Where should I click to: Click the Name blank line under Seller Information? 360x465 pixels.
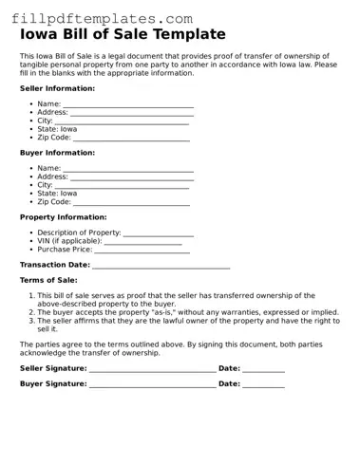tap(128, 105)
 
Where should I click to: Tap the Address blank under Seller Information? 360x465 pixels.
tap(132, 114)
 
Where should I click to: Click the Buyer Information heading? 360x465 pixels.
tap(57, 152)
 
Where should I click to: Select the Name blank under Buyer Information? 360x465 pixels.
tap(128, 170)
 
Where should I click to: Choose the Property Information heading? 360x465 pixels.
tap(63, 216)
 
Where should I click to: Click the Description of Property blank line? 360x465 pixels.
tap(159, 234)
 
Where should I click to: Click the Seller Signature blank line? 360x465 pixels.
tap(152, 369)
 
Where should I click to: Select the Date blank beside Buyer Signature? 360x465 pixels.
tap(263, 386)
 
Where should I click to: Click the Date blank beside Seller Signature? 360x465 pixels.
tap(263, 369)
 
